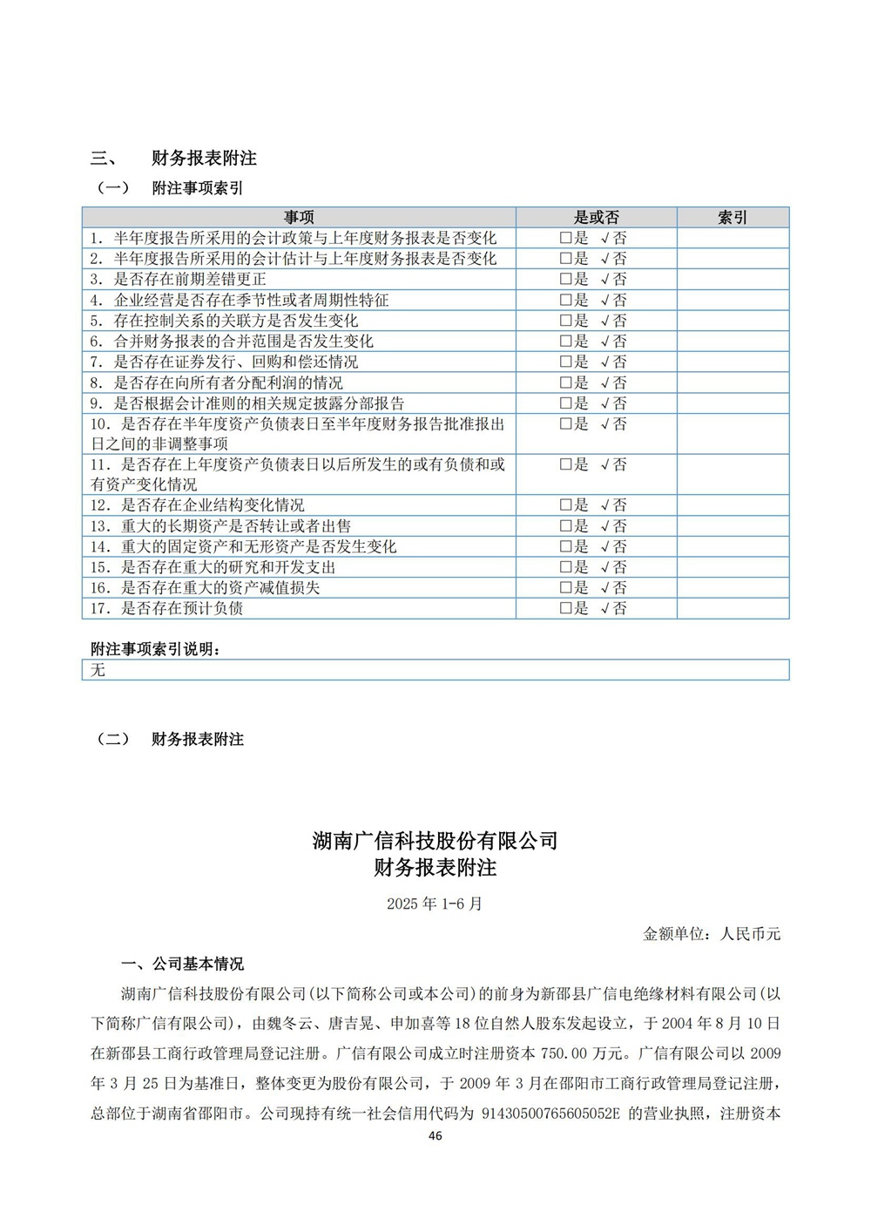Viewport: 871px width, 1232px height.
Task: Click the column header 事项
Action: (x=299, y=218)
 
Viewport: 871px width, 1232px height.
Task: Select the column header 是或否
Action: (x=596, y=218)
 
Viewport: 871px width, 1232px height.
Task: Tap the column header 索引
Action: (x=733, y=218)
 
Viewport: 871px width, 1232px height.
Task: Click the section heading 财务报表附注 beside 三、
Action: (x=204, y=159)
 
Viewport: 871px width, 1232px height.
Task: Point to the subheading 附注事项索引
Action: (x=198, y=188)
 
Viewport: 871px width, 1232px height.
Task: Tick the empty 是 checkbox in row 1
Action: (x=565, y=238)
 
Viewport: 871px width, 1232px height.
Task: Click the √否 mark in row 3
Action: (x=613, y=280)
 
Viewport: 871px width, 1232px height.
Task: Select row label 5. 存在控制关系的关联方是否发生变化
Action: (x=224, y=321)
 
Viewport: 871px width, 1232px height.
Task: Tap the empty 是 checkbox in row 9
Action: (x=565, y=403)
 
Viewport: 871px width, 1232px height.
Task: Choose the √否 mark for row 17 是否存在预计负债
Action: (x=613, y=609)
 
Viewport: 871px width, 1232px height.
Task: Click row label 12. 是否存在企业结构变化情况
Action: (x=198, y=505)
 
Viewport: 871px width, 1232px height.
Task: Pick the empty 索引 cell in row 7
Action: (x=733, y=362)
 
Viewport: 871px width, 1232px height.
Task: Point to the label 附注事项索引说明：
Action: (x=156, y=649)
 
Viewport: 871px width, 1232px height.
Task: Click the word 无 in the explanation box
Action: (x=98, y=670)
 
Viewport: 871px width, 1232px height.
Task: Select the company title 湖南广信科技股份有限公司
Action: (x=435, y=841)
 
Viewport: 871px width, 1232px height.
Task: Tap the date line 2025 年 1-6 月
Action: (x=435, y=904)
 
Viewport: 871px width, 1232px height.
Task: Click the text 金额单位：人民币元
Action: (x=712, y=934)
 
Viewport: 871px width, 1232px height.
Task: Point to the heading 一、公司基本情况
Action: (x=183, y=965)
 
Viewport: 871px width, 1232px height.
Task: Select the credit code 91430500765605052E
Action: (x=550, y=1114)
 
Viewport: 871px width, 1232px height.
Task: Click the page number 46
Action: (x=435, y=1135)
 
